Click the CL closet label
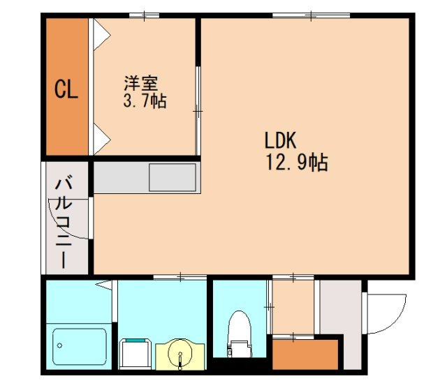coord(66,90)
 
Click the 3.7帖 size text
coord(145,102)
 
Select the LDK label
coord(281,140)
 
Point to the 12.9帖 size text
coord(296,163)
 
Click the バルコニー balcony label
coord(64,223)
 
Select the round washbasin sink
coord(182,355)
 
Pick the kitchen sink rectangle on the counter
coord(172,177)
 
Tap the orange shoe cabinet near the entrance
coord(306,353)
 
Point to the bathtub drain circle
coord(61,345)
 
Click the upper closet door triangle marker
coord(101,31)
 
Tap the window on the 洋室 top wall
coord(144,15)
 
